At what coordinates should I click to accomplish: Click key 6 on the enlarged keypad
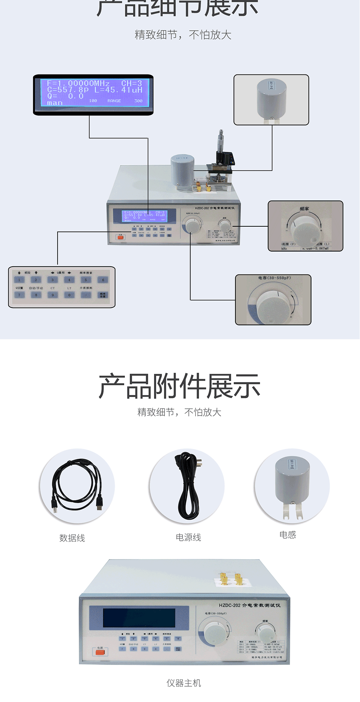click(103, 280)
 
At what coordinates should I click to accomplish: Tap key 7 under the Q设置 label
click(19, 295)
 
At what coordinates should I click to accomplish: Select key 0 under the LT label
click(69, 295)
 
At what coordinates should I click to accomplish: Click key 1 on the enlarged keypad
click(19, 280)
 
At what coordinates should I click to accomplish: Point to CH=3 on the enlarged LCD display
click(131, 83)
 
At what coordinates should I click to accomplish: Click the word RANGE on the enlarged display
click(114, 101)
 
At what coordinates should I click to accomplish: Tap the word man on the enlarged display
click(55, 103)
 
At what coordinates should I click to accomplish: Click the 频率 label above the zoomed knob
click(304, 209)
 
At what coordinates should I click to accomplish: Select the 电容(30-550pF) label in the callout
click(274, 278)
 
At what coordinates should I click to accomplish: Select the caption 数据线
click(72, 538)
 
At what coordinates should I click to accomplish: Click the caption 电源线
click(188, 537)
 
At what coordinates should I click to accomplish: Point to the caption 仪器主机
click(184, 683)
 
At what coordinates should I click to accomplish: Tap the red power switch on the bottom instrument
click(100, 652)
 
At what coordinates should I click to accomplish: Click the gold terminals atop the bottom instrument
click(230, 578)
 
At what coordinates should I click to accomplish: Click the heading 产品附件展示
click(179, 386)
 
